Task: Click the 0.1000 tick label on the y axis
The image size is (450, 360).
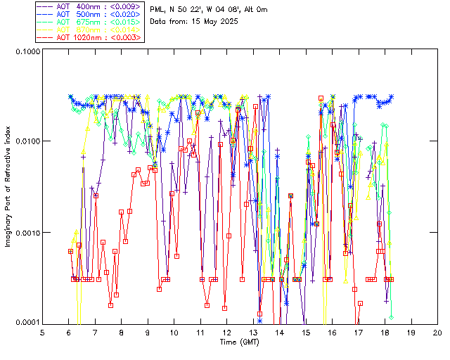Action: (26, 51)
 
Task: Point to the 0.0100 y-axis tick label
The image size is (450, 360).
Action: (26, 141)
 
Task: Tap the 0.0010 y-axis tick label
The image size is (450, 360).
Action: (26, 232)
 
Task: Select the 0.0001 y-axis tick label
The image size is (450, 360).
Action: (26, 322)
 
